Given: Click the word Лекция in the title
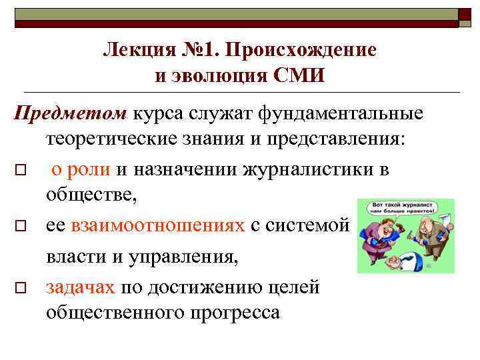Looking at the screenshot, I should click(136, 50).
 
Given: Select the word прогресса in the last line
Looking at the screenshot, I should click(227, 312).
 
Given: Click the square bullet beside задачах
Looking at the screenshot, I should click(21, 288).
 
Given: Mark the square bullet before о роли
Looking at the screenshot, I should click(21, 171).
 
